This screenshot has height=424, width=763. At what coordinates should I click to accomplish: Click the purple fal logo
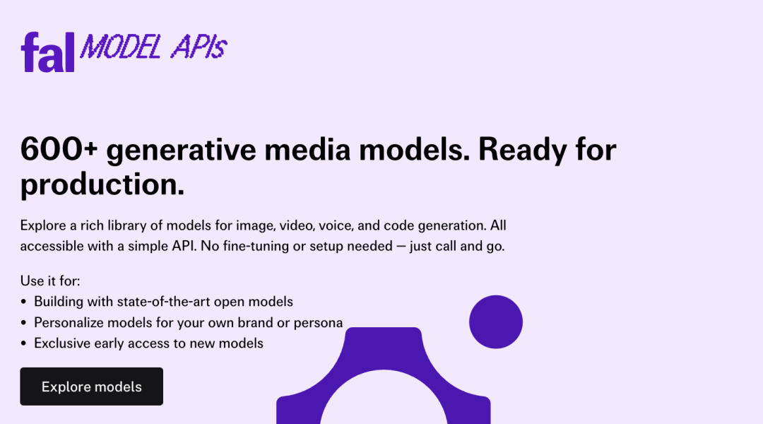click(47, 52)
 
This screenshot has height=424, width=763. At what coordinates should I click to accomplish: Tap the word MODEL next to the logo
click(120, 47)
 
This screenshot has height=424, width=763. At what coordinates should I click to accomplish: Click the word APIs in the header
click(199, 47)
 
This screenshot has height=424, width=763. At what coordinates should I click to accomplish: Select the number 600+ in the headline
click(59, 149)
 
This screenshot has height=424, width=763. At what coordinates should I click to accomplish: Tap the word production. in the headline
click(102, 184)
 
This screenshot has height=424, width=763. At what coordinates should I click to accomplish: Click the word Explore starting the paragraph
click(43, 225)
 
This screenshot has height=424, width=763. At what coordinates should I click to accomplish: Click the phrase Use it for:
click(50, 281)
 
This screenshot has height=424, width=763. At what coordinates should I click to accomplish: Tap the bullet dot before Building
click(23, 302)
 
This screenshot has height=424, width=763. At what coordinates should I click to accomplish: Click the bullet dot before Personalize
click(23, 323)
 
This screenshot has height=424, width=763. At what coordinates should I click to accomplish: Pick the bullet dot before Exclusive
click(23, 343)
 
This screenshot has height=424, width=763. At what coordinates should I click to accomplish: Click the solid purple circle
click(496, 322)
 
